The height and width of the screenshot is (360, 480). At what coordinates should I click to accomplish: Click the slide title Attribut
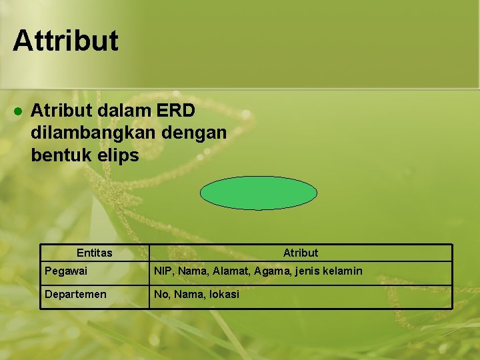tap(65, 40)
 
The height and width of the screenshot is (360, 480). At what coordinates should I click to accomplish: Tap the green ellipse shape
tap(259, 193)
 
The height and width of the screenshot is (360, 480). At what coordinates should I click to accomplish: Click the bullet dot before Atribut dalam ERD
tap(19, 110)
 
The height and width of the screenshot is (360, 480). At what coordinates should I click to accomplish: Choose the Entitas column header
tap(94, 253)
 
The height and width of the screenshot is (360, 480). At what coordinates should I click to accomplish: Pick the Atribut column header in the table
tap(300, 253)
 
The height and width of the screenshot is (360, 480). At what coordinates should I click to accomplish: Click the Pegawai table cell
tap(65, 271)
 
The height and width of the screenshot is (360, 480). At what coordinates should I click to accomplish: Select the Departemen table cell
tap(75, 294)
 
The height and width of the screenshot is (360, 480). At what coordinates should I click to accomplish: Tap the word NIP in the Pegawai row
tap(163, 271)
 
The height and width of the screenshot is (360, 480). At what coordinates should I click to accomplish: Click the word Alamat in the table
tap(234, 271)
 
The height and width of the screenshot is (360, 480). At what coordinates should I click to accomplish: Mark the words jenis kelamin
tap(332, 271)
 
